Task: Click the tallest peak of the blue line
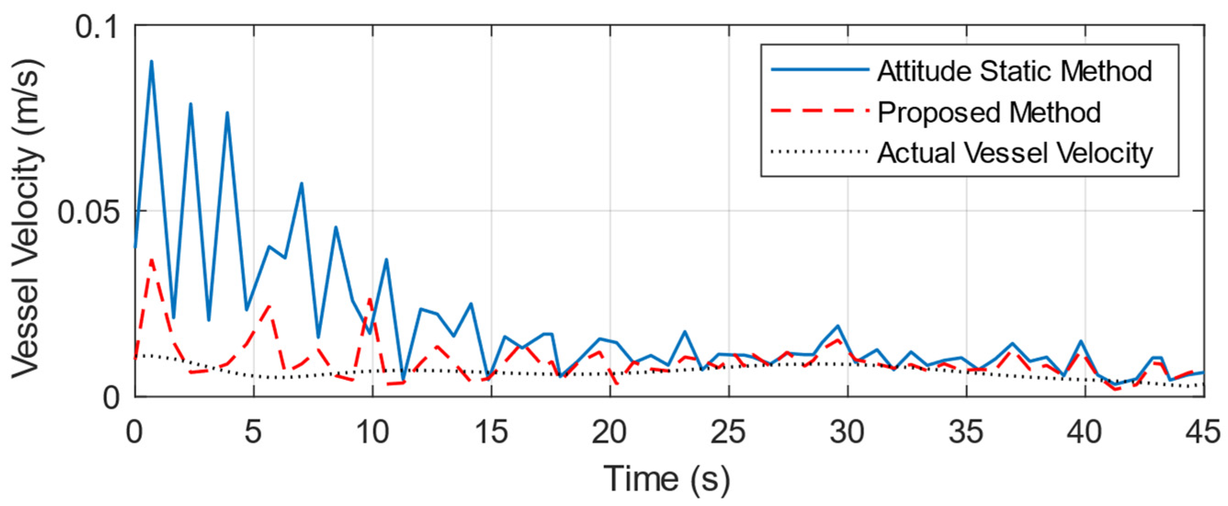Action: pos(152,62)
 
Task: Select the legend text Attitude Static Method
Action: pos(1014,72)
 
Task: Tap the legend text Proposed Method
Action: pos(989,112)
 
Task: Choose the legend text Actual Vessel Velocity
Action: pos(1015,153)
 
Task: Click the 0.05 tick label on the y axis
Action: pos(89,212)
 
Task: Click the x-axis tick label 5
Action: pos(253,432)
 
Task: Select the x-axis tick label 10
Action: pos(372,432)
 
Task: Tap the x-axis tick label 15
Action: pos(491,432)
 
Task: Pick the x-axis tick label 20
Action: pos(610,432)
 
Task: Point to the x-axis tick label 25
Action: pos(728,432)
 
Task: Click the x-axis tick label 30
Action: pos(847,432)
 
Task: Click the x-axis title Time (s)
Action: pos(667,479)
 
